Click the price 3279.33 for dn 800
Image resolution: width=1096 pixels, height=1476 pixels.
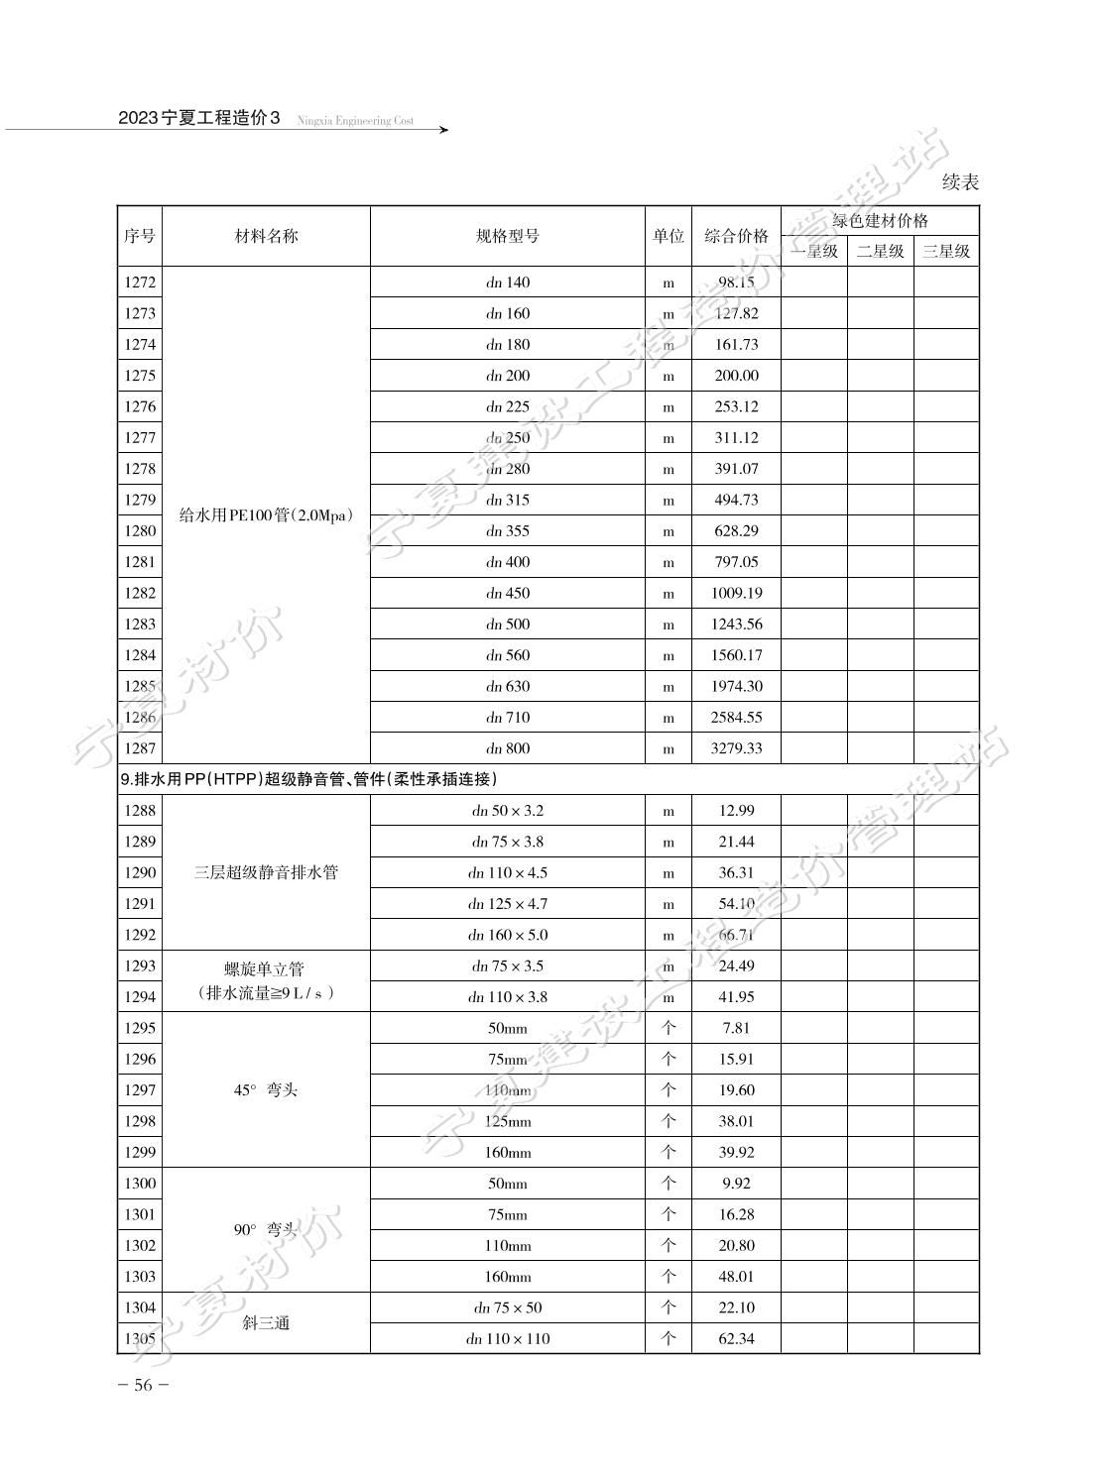tap(736, 748)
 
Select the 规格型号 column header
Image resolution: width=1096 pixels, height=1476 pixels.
tap(508, 236)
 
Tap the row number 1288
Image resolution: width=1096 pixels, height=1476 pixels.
tap(140, 811)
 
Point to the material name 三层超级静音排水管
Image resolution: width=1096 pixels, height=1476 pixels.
tap(266, 872)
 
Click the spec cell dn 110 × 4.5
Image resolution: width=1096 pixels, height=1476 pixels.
tap(508, 872)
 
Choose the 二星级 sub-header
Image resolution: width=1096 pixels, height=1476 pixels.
tap(881, 251)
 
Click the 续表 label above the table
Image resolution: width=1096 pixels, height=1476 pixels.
tap(960, 182)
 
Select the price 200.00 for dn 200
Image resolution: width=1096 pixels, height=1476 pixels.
tap(736, 376)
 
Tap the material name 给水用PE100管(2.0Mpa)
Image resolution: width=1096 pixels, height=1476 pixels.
tap(266, 515)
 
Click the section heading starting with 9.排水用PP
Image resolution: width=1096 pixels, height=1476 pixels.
tap(308, 779)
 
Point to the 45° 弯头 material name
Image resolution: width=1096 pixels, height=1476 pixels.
tap(266, 1090)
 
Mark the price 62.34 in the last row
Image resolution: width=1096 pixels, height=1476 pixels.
tap(736, 1339)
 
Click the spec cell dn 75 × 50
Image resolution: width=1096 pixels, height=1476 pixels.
tap(508, 1307)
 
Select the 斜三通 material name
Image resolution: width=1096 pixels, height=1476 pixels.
tap(266, 1323)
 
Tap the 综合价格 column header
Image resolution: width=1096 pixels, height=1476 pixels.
tap(736, 236)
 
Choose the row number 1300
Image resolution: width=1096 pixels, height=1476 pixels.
tap(140, 1184)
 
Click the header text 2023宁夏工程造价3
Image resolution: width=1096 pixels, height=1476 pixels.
tap(199, 118)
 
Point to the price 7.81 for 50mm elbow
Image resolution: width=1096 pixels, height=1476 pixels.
tap(736, 1028)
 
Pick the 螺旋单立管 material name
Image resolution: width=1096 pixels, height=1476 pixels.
tap(266, 968)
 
